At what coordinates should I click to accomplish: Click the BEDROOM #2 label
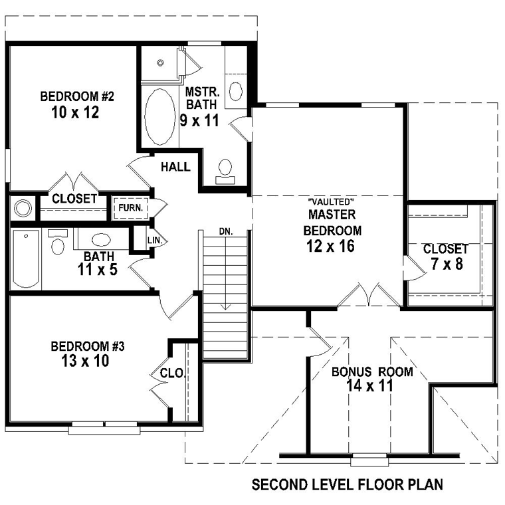[77, 96]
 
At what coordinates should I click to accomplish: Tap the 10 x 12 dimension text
[75, 113]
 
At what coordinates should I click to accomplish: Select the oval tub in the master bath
[160, 116]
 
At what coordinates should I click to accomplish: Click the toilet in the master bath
[225, 171]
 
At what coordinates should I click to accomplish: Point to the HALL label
[175, 167]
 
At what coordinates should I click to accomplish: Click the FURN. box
[131, 208]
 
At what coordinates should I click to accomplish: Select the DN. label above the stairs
[226, 231]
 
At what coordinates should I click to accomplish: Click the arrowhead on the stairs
[226, 306]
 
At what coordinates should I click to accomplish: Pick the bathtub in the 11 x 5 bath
[26, 259]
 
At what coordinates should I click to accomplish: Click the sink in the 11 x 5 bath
[101, 240]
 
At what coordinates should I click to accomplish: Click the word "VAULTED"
[332, 202]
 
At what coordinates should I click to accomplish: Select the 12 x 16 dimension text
[330, 247]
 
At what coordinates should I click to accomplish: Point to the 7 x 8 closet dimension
[447, 264]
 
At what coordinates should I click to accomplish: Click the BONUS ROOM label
[372, 371]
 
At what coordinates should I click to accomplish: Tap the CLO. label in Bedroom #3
[172, 373]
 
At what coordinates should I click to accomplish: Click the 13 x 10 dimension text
[85, 361]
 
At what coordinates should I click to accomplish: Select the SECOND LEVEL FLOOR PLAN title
[347, 484]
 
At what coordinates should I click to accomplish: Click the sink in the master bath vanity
[236, 91]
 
